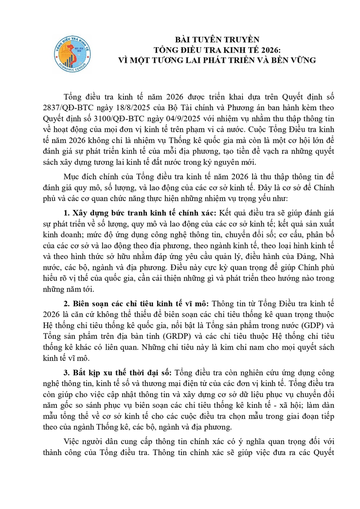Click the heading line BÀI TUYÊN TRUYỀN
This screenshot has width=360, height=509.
click(217, 39)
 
